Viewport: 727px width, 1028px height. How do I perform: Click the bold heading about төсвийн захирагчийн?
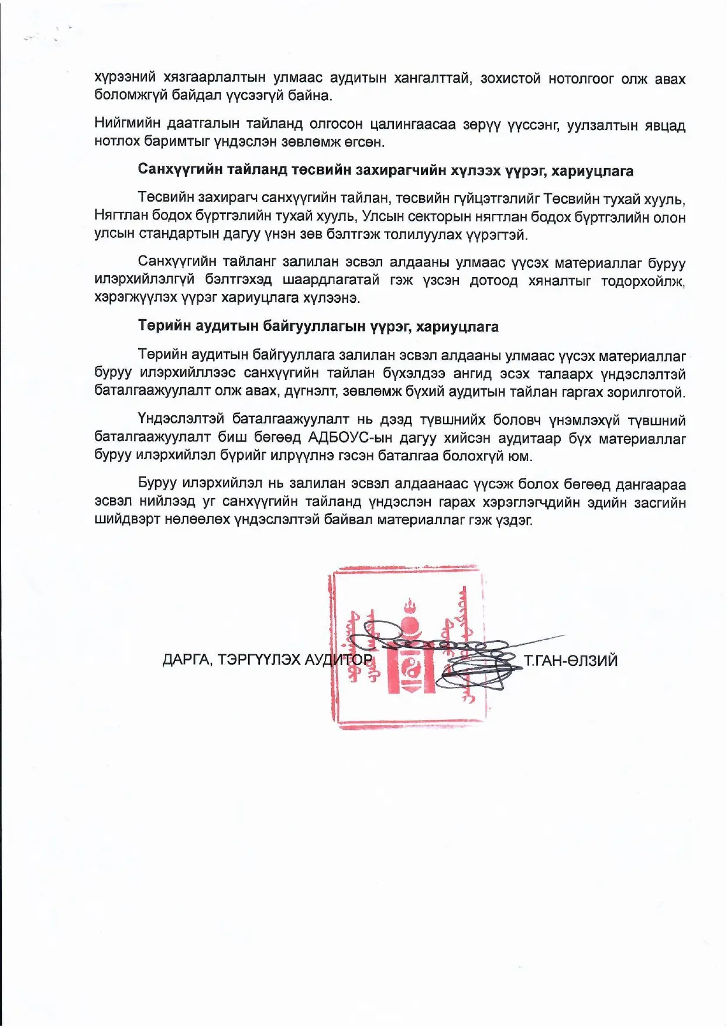pyautogui.click(x=385, y=170)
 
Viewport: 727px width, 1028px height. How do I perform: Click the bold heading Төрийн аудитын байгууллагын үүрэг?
pyautogui.click(x=318, y=326)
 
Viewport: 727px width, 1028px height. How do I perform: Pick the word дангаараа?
pyautogui.click(x=642, y=484)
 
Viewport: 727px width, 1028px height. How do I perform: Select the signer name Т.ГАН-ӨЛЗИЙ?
pyautogui.click(x=570, y=661)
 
